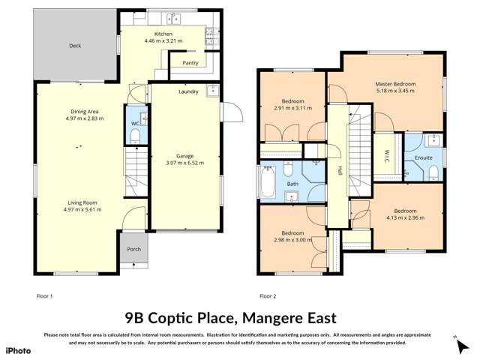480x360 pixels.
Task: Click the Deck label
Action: [75, 46]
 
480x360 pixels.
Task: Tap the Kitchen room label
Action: [163, 34]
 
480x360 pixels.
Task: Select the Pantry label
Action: [190, 63]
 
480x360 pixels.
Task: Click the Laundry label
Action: [188, 92]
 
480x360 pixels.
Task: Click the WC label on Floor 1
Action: [134, 123]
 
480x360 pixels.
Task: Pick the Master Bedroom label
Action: [395, 84]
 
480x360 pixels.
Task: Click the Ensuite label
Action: [424, 159]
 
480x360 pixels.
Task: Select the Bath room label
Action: [292, 183]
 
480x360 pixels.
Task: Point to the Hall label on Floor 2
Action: [339, 169]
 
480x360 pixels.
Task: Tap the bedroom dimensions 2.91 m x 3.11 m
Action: [292, 109]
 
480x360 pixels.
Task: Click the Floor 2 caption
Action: [268, 296]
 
